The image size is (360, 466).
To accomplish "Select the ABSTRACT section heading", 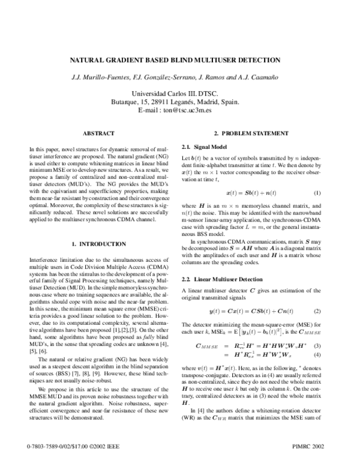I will click(98, 133).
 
